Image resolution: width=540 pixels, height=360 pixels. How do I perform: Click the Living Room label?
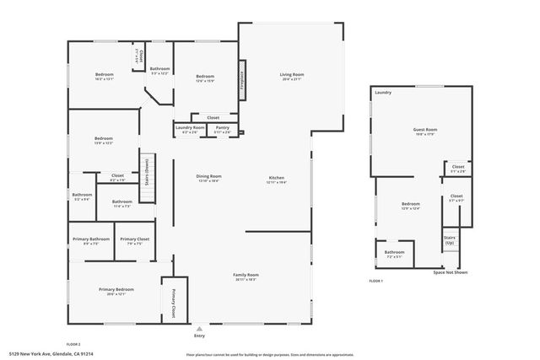point(291,76)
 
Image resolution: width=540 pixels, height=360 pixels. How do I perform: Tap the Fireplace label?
point(242,77)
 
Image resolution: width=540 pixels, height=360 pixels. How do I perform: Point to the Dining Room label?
point(208,176)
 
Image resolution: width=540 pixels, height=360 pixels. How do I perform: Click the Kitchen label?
point(277,178)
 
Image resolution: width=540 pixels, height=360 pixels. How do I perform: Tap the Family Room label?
point(246,275)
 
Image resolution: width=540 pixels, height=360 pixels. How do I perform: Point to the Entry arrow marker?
point(199,329)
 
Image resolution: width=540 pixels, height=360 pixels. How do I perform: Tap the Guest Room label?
point(424,129)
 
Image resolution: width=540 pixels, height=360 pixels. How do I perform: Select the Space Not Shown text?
point(450,272)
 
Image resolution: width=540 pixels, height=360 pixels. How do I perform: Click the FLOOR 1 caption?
point(376,280)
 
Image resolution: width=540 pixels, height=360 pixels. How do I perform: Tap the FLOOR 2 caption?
point(73,344)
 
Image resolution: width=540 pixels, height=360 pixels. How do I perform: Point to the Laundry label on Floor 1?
point(382,93)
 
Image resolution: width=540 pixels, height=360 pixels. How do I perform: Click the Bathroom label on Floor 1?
point(394,252)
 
